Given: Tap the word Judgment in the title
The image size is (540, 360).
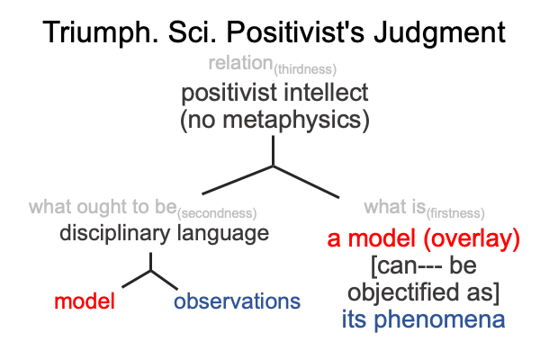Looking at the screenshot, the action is (440, 34).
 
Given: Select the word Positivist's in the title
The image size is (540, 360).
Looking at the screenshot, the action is (295, 32).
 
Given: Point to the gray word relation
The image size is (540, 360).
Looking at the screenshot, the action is (240, 63).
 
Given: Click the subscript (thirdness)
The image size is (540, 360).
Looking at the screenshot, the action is (305, 69).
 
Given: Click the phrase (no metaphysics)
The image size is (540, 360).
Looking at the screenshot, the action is (274, 120).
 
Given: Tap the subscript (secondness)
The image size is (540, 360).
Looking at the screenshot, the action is (217, 213).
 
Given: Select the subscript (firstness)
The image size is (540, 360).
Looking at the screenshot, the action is (455, 213).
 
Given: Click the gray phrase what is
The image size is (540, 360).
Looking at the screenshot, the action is (395, 207).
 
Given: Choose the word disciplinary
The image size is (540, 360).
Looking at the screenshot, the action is (114, 233).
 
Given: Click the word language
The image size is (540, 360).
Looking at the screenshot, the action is (223, 234).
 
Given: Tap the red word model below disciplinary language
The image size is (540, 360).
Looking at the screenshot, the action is (85, 301).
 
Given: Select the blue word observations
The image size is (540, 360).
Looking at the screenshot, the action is (237, 301).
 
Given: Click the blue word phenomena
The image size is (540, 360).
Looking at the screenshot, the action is (439, 319).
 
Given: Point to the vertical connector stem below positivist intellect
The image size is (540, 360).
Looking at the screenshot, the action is (273, 151).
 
